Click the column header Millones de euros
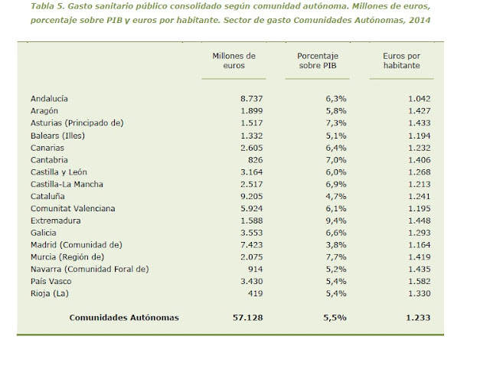point(234,60)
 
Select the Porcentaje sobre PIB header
point(318,60)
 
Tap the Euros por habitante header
point(401,60)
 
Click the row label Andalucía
point(49,99)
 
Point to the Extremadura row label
point(56,220)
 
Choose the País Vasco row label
point(51,281)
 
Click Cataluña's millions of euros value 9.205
point(252,196)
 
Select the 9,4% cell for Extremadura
point(336,220)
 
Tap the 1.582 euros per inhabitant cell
point(420,281)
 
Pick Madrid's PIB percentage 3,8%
point(336,245)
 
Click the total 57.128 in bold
point(248,318)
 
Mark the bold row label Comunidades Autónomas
point(124,318)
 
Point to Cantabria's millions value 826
point(256,160)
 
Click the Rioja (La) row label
point(49,294)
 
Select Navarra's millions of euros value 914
point(256,269)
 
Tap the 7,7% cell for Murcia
point(336,257)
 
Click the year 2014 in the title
point(420,20)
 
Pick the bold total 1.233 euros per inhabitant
point(418,318)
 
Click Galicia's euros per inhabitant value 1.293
point(420,233)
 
